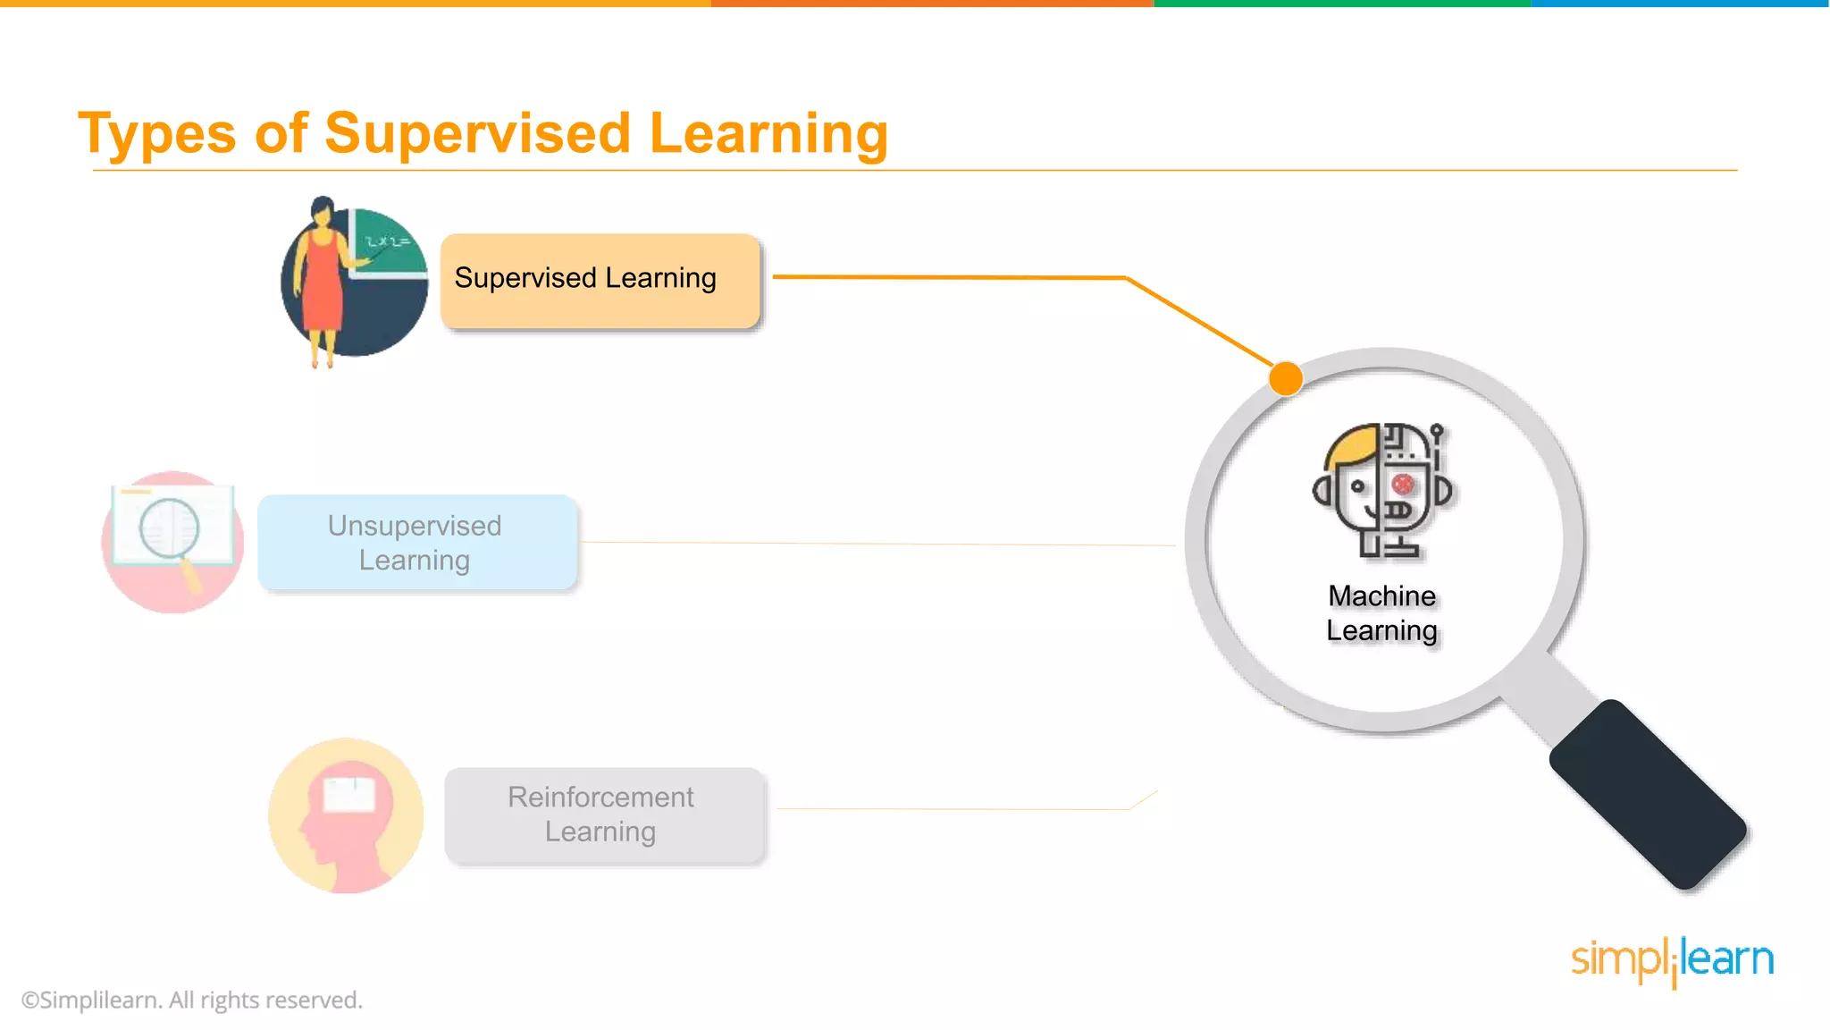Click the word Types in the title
[156, 134]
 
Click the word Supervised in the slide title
[478, 134]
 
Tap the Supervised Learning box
[600, 280]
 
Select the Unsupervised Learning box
[416, 543]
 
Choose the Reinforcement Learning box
[604, 815]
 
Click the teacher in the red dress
[323, 277]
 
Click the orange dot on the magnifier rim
[1286, 378]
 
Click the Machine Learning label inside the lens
[1382, 613]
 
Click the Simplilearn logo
[1672, 960]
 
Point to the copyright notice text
[192, 1000]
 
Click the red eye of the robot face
[1403, 485]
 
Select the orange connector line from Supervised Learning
[947, 277]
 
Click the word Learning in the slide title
[768, 134]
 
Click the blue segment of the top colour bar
[1680, 4]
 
